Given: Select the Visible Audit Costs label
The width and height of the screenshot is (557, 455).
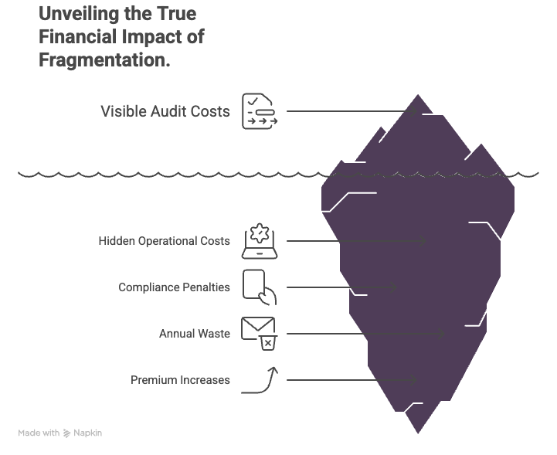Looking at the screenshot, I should pyautogui.click(x=165, y=111).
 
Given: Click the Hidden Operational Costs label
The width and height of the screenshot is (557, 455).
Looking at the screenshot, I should pyautogui.click(x=164, y=241).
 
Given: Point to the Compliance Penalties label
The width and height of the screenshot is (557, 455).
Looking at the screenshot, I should pyautogui.click(x=174, y=287).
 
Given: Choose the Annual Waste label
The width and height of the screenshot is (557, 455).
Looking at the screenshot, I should pyautogui.click(x=195, y=334).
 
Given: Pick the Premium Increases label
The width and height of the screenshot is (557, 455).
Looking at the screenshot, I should pyautogui.click(x=180, y=380).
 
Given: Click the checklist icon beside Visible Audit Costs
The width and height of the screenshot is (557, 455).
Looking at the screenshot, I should pyautogui.click(x=259, y=111).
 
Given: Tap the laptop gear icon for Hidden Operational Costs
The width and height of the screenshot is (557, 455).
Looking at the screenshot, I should pyautogui.click(x=260, y=241).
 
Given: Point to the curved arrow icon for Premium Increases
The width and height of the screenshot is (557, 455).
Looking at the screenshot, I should pyautogui.click(x=260, y=380).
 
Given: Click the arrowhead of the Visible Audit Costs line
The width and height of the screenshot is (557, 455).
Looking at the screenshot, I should pyautogui.click(x=415, y=111).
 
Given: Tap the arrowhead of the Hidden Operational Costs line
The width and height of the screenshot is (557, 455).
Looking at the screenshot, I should pyautogui.click(x=424, y=241).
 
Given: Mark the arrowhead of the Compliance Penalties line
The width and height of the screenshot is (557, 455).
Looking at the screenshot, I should pyautogui.click(x=393, y=288).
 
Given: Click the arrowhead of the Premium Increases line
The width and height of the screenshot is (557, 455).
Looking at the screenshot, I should pyautogui.click(x=415, y=380).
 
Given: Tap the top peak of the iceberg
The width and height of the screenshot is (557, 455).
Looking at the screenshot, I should pyautogui.click(x=419, y=97).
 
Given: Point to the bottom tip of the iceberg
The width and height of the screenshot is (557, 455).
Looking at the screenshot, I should pyautogui.click(x=418, y=431).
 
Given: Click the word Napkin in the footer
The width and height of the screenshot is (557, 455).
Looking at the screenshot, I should pyautogui.click(x=87, y=433).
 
